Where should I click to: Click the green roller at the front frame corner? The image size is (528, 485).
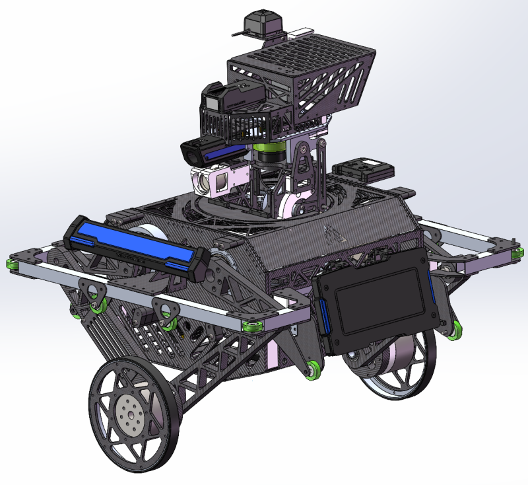[x=252, y=327]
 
